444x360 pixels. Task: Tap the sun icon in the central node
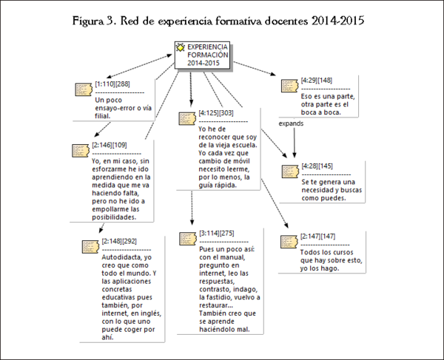[x=180, y=48]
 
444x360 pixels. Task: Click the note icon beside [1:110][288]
[x=84, y=89]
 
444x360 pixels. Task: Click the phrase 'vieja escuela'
[x=237, y=145]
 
